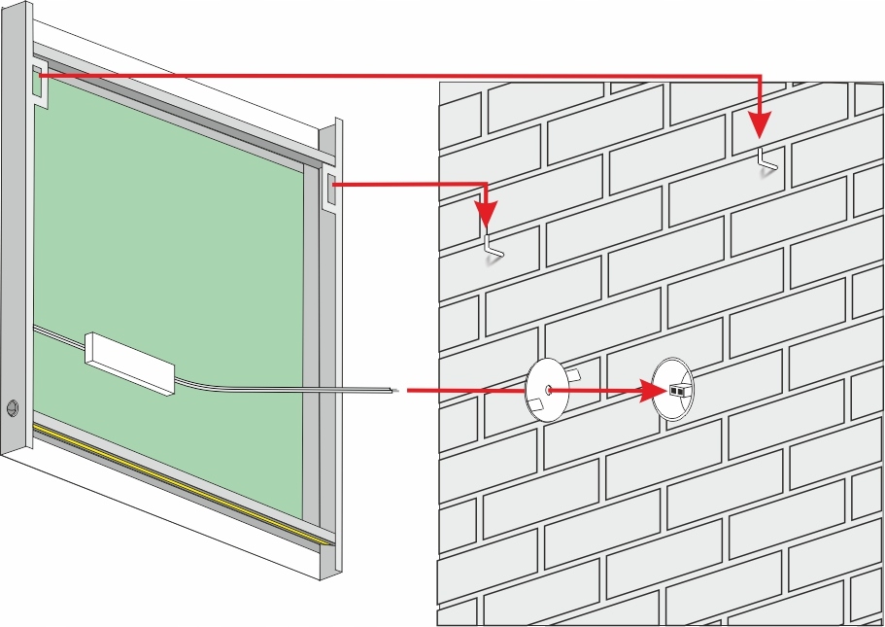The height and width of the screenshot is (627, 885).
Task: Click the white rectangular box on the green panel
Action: [x=131, y=363]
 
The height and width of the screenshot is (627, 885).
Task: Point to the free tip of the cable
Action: [x=398, y=391]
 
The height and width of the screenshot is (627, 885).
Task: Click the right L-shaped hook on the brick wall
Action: [x=767, y=161]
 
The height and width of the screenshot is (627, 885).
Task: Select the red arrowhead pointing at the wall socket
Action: [x=653, y=391]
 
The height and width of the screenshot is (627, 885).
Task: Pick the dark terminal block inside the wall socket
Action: [x=678, y=391]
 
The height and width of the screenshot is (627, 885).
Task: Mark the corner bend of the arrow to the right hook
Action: [x=759, y=76]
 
